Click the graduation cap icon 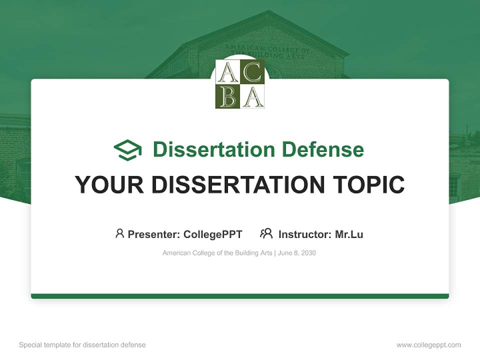pyautogui.click(x=128, y=149)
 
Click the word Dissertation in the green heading pyautogui.click(x=214, y=149)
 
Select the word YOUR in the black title pyautogui.click(x=109, y=185)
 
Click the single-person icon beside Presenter pyautogui.click(x=119, y=233)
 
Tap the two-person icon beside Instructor pyautogui.click(x=266, y=233)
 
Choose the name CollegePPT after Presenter pyautogui.click(x=213, y=234)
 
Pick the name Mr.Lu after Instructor pyautogui.click(x=349, y=234)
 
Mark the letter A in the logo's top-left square pyautogui.click(x=228, y=72)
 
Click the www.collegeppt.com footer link pyautogui.click(x=428, y=345)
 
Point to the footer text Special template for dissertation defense pyautogui.click(x=82, y=345)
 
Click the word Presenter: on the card pyautogui.click(x=154, y=234)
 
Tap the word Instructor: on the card pyautogui.click(x=305, y=234)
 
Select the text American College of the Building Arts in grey pyautogui.click(x=217, y=253)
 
